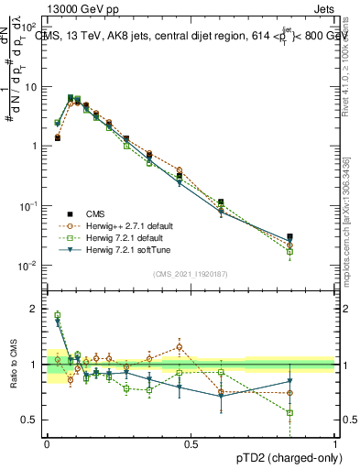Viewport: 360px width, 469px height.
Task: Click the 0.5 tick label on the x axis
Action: pyautogui.click(x=191, y=444)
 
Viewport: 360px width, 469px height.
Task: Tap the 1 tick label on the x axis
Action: pyautogui.click(x=334, y=444)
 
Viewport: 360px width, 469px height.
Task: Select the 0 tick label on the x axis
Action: pyautogui.click(x=47, y=444)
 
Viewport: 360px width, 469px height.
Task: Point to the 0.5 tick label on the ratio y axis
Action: pyautogui.click(x=28, y=420)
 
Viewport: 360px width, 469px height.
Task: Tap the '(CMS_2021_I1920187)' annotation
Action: pyautogui.click(x=191, y=273)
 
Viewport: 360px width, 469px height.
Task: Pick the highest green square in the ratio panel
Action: pyautogui.click(x=57, y=315)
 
